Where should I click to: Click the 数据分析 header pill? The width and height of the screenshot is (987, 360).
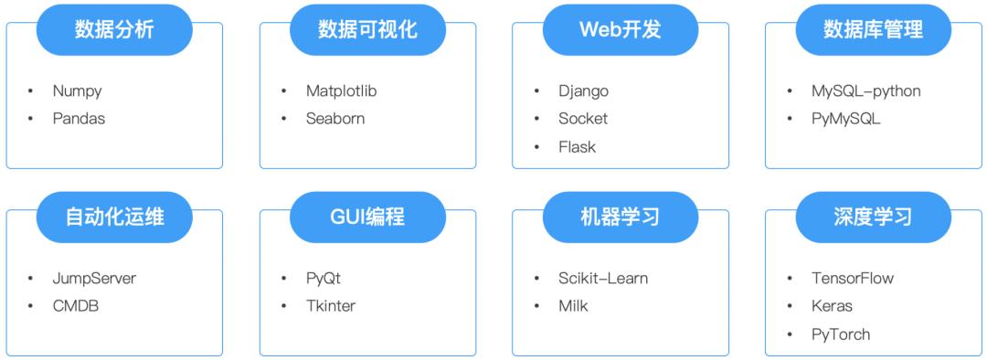tap(114, 29)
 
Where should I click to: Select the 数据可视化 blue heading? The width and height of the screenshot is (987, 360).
tap(367, 29)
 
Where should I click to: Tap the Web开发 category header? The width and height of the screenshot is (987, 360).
tap(620, 29)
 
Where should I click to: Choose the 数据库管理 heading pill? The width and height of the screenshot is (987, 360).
tap(873, 29)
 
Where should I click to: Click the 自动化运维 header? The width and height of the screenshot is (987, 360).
tap(114, 217)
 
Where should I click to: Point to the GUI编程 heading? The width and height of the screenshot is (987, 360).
tap(367, 217)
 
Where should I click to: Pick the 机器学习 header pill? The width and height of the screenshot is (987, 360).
tap(620, 217)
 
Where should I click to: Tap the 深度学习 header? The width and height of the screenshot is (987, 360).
tap(873, 217)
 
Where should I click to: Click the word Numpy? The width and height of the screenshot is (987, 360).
tap(77, 91)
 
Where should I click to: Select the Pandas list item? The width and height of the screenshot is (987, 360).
tap(79, 119)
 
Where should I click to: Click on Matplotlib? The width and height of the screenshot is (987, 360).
tap(341, 91)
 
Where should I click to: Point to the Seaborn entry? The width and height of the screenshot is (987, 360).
tap(335, 119)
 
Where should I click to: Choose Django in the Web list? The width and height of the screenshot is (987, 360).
tap(583, 91)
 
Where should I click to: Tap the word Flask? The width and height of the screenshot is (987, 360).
tap(577, 147)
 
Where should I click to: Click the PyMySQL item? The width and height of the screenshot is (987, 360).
tap(845, 119)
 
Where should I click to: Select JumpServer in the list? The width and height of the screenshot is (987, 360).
tap(94, 279)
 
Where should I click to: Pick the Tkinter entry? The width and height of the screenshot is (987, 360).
tap(330, 306)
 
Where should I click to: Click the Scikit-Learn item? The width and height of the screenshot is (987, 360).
tap(602, 279)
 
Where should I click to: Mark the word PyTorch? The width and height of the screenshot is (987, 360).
tap(840, 334)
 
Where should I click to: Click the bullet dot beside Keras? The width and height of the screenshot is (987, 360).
tap(790, 306)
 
